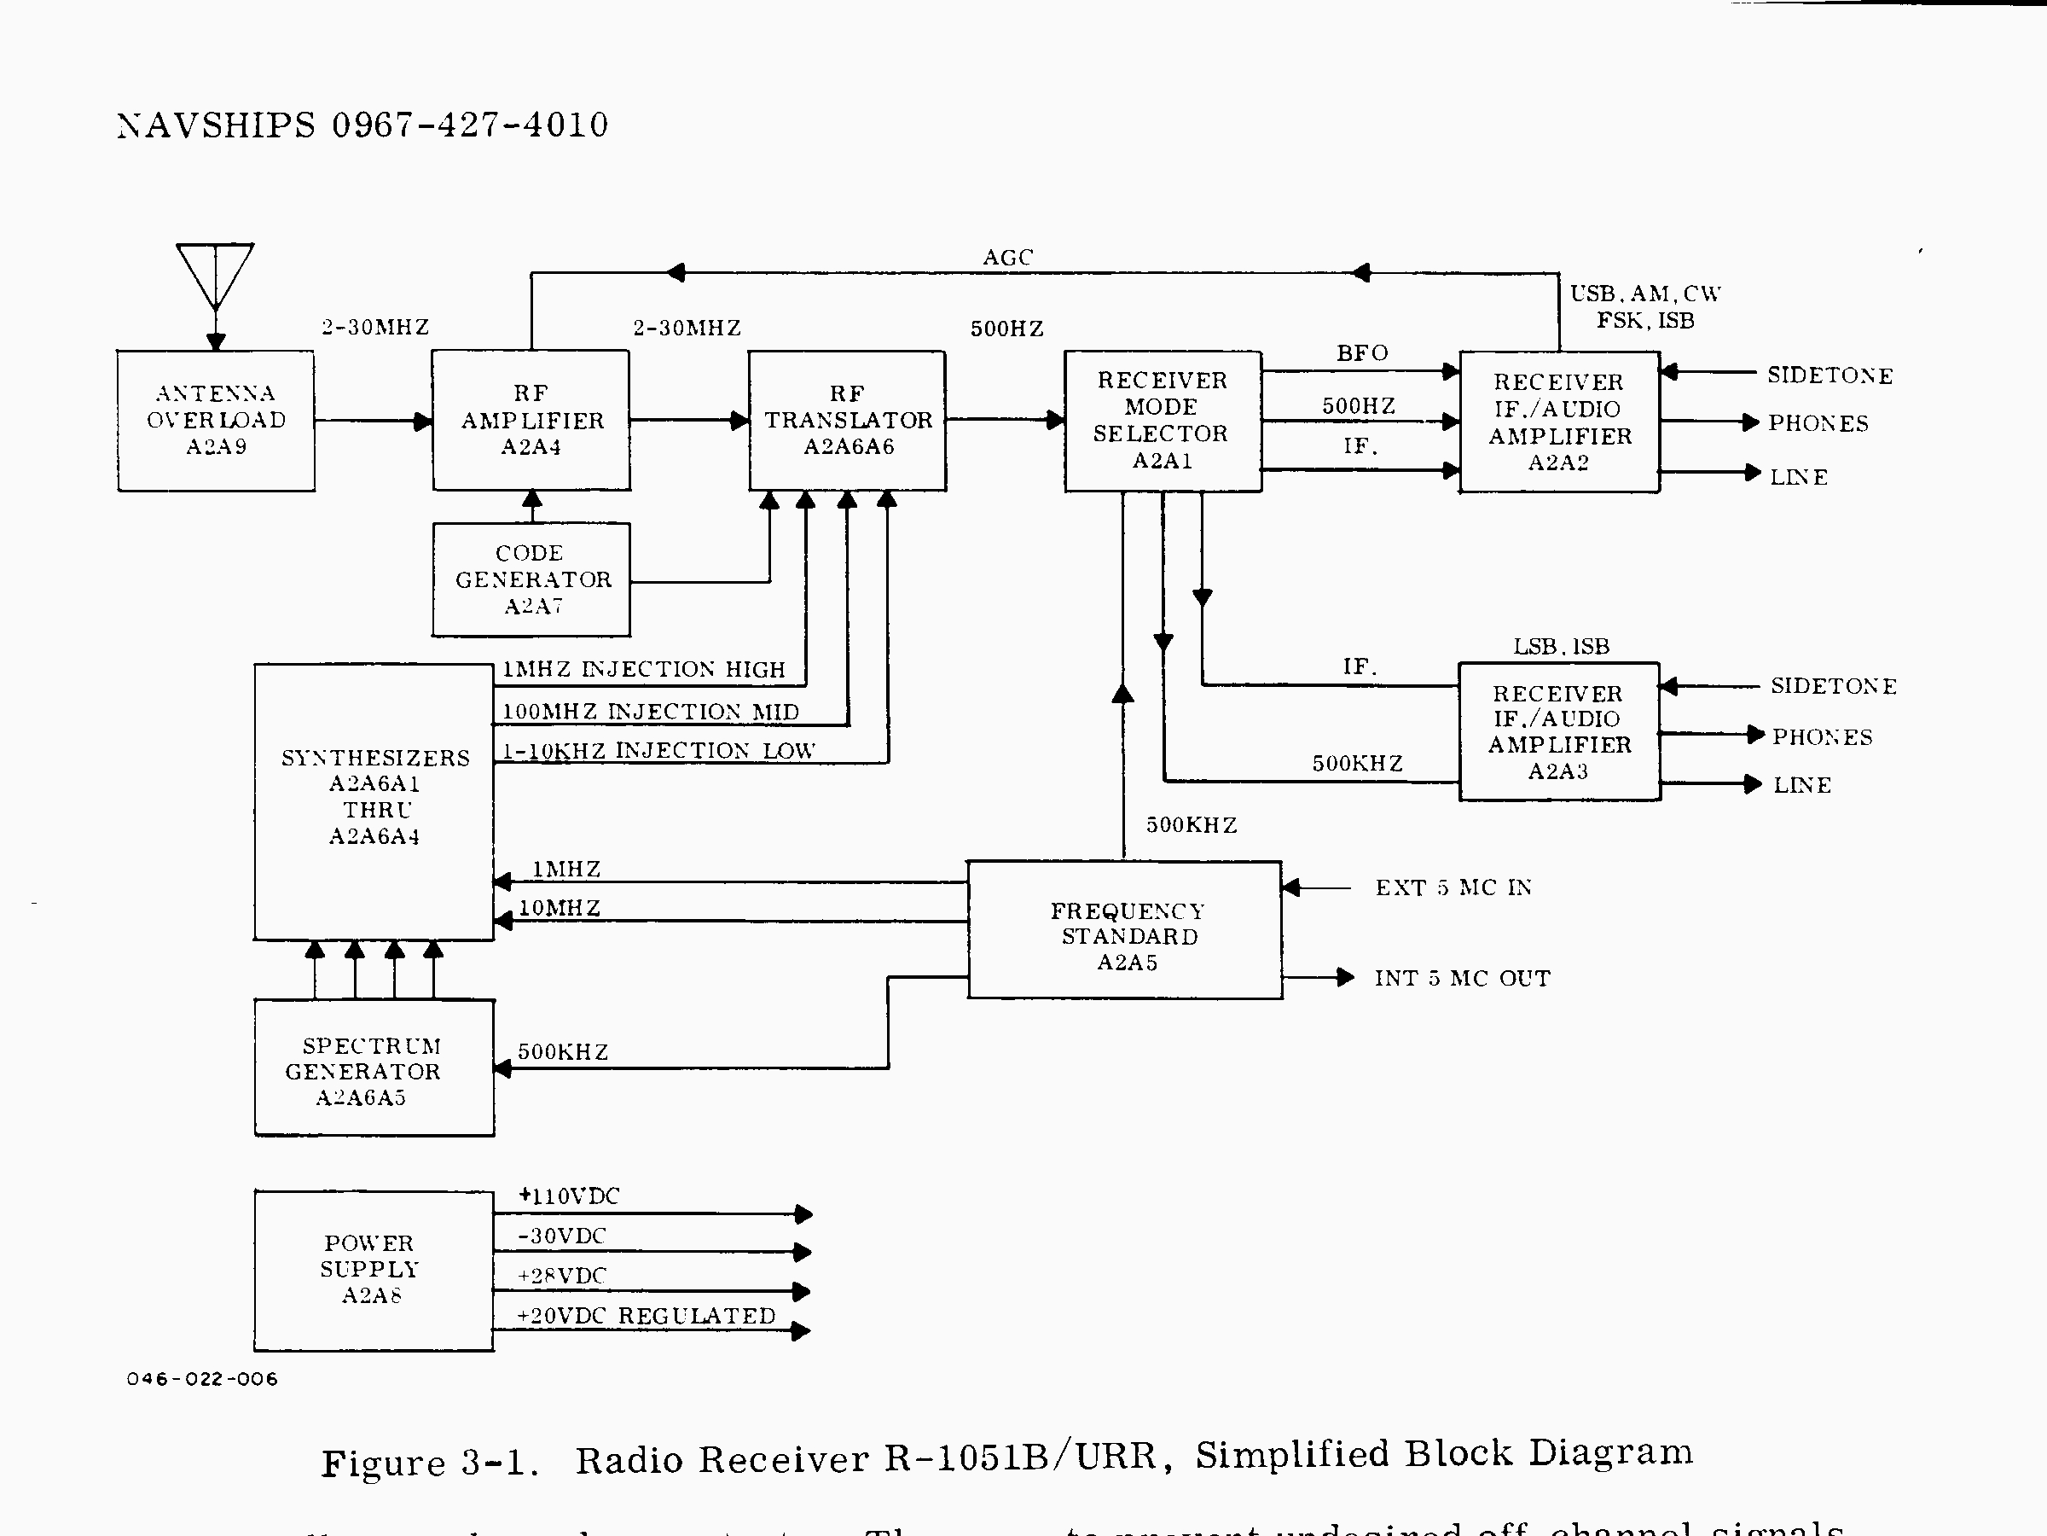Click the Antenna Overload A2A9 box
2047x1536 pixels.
pyautogui.click(x=216, y=421)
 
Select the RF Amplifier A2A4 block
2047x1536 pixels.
pyautogui.click(x=531, y=421)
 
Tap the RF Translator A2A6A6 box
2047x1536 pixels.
pyautogui.click(x=847, y=421)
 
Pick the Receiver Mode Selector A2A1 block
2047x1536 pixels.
pyautogui.click(x=1163, y=421)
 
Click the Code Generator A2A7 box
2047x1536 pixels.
pyautogui.click(x=531, y=579)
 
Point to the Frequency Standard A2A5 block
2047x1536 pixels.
pyautogui.click(x=1125, y=930)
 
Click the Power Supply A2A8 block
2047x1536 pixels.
pyautogui.click(x=374, y=1271)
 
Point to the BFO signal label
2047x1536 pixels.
pyautogui.click(x=1362, y=352)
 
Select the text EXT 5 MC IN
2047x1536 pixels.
pyautogui.click(x=1453, y=888)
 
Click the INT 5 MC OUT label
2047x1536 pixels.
pyautogui.click(x=1462, y=979)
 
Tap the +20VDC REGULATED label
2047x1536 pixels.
pyautogui.click(x=646, y=1316)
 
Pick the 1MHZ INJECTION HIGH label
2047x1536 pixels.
pyautogui.click(x=643, y=669)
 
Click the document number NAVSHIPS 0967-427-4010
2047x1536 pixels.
pyautogui.click(x=362, y=125)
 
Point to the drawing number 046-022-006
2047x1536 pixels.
pyautogui.click(x=202, y=1379)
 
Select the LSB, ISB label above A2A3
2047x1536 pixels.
pyautogui.click(x=1561, y=646)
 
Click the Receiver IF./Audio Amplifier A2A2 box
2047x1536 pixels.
pyautogui.click(x=1559, y=422)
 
